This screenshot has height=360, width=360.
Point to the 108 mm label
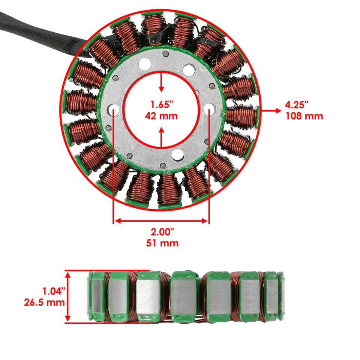(x=304, y=116)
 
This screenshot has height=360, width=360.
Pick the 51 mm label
(x=162, y=243)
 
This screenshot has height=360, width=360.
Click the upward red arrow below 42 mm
(x=161, y=137)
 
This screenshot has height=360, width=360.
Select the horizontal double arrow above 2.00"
(x=161, y=221)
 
